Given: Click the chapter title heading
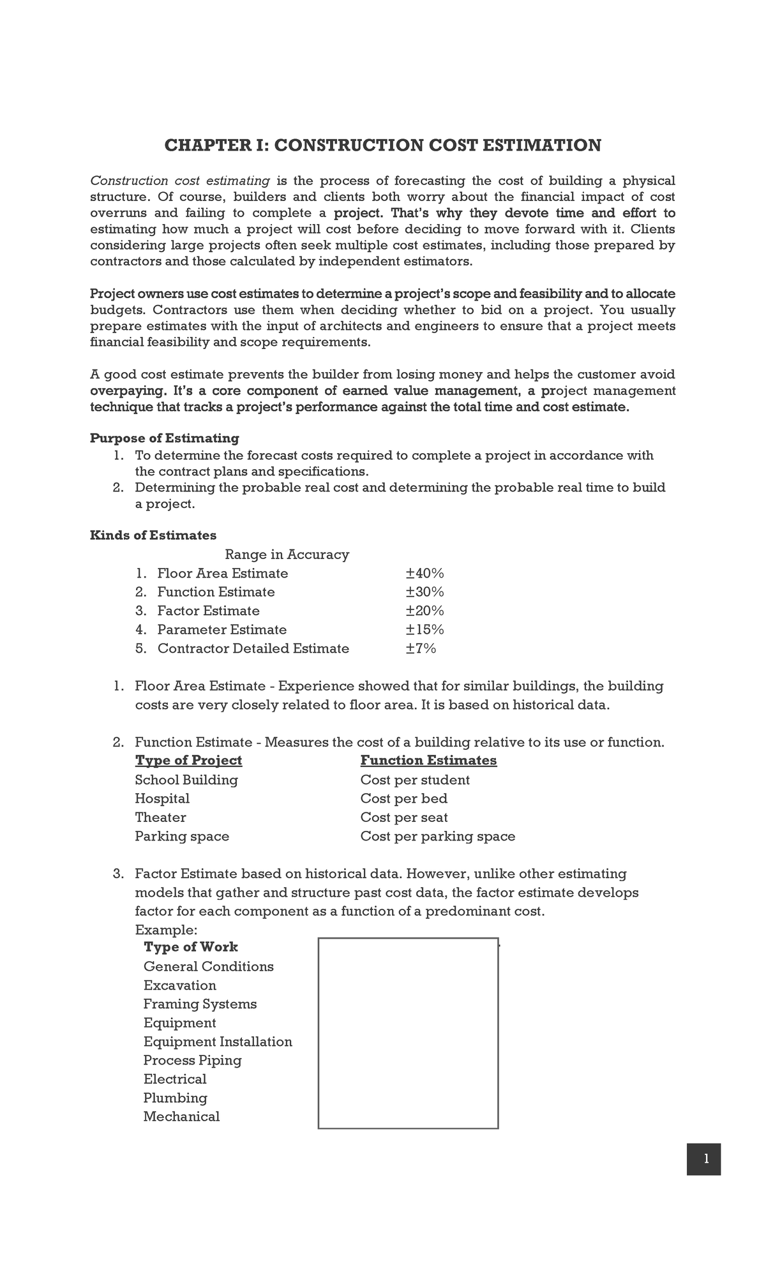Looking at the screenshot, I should (382, 145).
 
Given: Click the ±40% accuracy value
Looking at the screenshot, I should (424, 573).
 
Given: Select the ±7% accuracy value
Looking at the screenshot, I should (421, 648).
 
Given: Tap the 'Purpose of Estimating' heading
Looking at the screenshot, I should (164, 438).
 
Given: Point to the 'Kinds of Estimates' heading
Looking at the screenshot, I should (153, 535).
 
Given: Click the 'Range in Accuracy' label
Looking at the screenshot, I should (287, 554).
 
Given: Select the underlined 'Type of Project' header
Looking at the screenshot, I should (188, 760).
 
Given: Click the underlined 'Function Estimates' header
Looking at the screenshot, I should (428, 760).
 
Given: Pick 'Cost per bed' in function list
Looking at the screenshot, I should (403, 798).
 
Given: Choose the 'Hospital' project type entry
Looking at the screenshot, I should (162, 798).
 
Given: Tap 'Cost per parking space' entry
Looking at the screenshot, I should (437, 836).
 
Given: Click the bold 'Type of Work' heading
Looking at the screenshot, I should (190, 946).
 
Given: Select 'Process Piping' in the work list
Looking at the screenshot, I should (192, 1060).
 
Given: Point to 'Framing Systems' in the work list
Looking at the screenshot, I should (200, 1004).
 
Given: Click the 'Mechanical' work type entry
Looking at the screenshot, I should (181, 1116).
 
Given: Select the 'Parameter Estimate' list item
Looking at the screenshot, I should (222, 629).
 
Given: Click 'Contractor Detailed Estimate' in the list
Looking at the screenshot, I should (253, 648).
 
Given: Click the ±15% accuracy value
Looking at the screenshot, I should (424, 629).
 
